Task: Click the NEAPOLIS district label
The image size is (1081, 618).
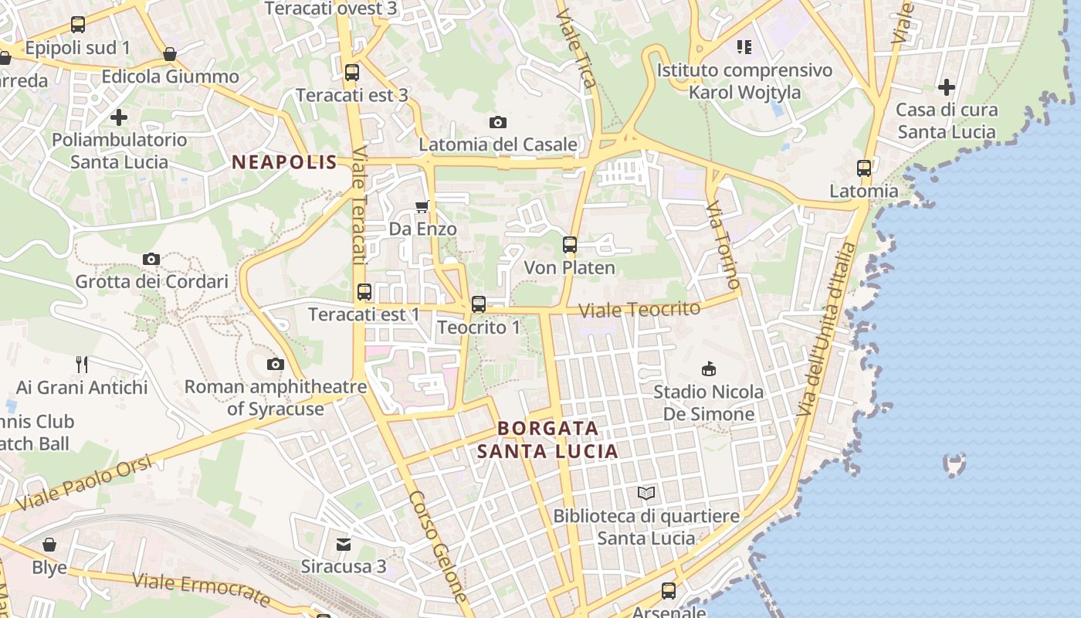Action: (x=285, y=162)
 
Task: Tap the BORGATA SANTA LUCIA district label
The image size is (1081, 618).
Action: (x=548, y=440)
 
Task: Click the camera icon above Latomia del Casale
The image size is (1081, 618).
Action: (x=498, y=122)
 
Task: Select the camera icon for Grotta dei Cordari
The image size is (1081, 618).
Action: (x=151, y=259)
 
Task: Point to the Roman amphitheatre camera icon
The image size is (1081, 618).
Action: (x=275, y=364)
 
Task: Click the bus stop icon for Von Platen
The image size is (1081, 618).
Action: (x=570, y=245)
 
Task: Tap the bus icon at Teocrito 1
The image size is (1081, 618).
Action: (x=479, y=304)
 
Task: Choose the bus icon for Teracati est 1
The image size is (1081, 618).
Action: (x=364, y=292)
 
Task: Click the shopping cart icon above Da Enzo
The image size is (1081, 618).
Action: (x=422, y=206)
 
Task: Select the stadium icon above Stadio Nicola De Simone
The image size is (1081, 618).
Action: (x=708, y=368)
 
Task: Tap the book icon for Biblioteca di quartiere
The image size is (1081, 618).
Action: (x=646, y=493)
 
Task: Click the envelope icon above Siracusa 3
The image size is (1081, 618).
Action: (x=344, y=545)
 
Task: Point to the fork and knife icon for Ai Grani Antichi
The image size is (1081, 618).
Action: (x=82, y=364)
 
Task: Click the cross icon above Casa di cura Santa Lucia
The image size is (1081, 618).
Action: (x=947, y=87)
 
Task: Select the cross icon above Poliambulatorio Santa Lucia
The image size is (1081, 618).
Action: (x=119, y=117)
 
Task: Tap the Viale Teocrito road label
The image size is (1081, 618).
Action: (x=639, y=310)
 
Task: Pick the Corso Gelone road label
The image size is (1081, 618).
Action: (x=438, y=546)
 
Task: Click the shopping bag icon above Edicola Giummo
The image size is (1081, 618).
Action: (x=170, y=54)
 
